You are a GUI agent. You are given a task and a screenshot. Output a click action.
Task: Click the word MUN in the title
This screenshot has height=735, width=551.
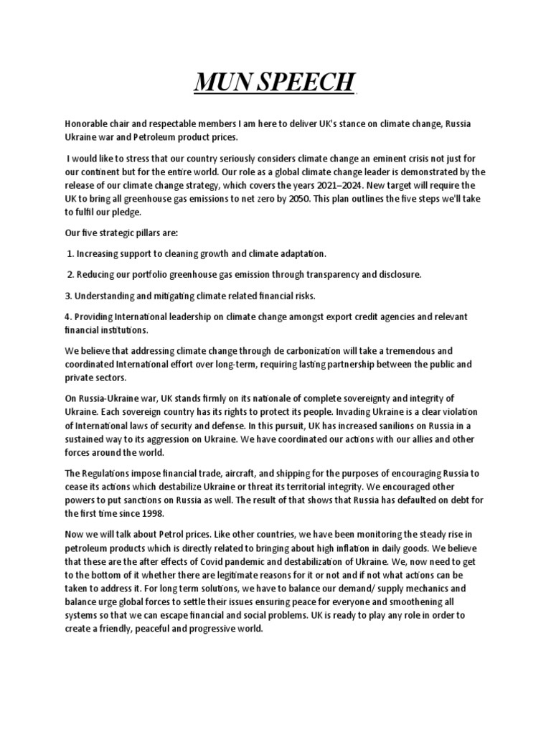[223, 84]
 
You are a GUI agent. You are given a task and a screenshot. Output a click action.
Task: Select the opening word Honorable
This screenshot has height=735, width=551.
[87, 125]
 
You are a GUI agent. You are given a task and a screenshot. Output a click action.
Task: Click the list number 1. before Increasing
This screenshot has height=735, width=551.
[70, 254]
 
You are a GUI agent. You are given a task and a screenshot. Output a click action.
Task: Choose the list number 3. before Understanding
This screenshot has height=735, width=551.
[68, 295]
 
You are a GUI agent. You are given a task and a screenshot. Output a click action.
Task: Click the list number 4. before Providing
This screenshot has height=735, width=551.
[68, 317]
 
